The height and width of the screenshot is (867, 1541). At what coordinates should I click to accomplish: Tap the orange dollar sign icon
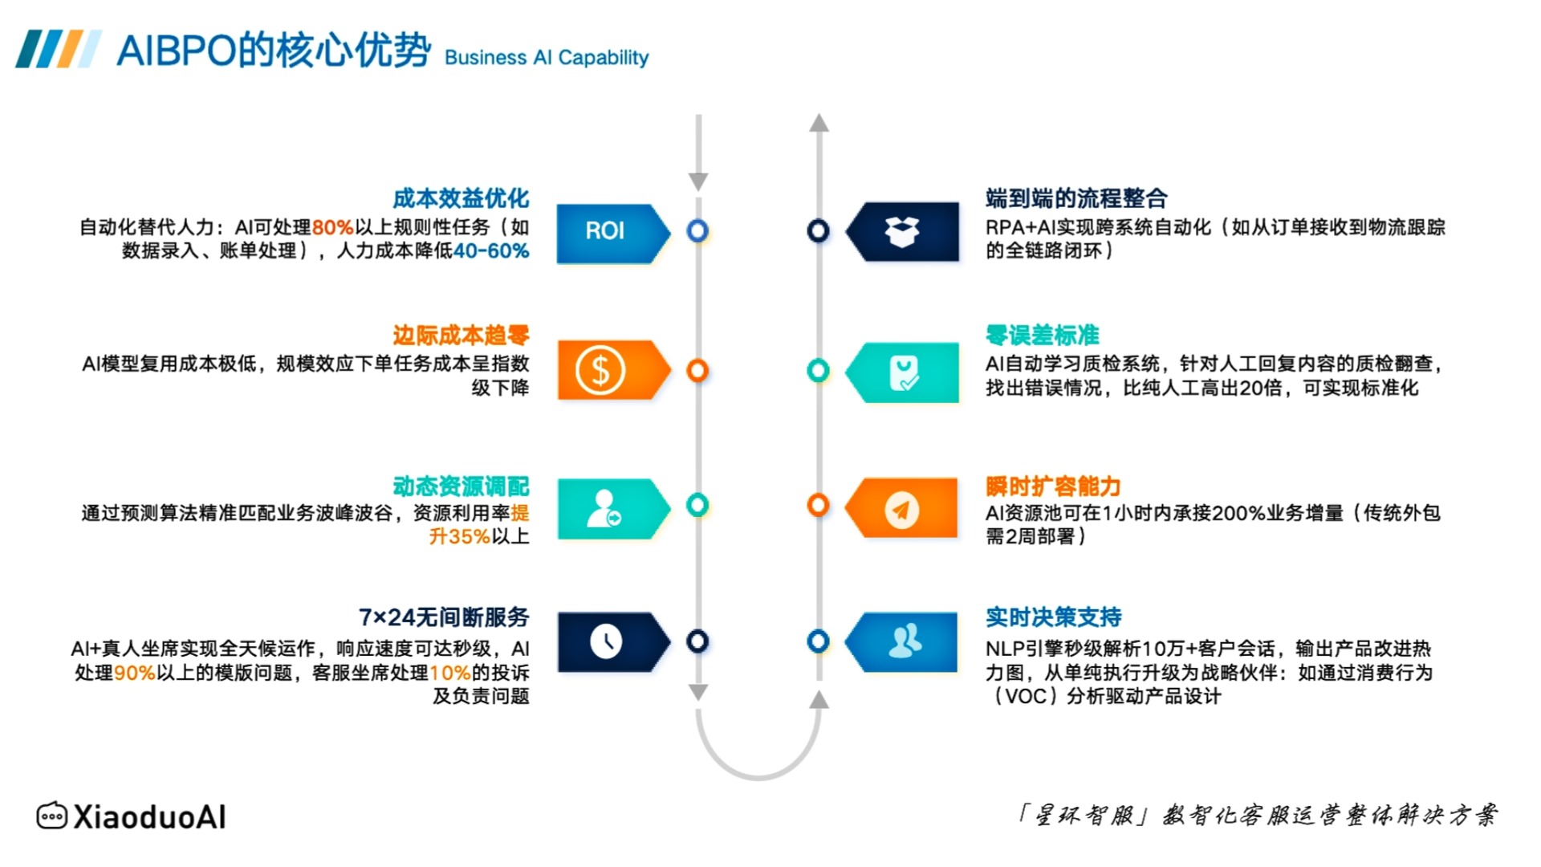[600, 371]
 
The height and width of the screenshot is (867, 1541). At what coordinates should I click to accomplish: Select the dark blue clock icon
[606, 641]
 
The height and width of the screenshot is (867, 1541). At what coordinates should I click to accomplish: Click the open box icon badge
[902, 232]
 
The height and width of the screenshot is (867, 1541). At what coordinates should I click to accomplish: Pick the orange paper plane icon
[901, 509]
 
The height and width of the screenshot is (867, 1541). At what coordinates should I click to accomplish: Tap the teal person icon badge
[613, 509]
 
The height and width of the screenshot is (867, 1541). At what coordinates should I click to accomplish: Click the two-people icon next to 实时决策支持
[905, 641]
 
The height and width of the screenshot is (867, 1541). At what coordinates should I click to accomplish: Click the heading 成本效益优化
[461, 198]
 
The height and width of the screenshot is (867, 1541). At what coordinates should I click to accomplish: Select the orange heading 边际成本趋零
[461, 335]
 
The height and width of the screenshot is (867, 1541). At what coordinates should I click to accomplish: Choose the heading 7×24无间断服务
[444, 617]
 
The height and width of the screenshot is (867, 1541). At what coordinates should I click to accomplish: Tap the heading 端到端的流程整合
[1076, 198]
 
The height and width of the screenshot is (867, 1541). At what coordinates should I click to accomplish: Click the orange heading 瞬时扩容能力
[1053, 486]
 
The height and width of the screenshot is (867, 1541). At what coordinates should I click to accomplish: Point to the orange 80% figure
[332, 228]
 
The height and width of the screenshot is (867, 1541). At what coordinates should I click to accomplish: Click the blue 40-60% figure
[491, 251]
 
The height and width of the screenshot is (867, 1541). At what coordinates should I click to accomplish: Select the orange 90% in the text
[134, 673]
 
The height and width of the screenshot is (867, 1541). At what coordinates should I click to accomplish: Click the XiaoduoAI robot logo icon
[52, 816]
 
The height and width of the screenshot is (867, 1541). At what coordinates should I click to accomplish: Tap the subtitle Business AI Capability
[547, 58]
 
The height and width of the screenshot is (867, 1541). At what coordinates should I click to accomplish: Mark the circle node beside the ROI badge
[697, 231]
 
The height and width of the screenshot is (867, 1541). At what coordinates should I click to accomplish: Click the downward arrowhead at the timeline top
[698, 181]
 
